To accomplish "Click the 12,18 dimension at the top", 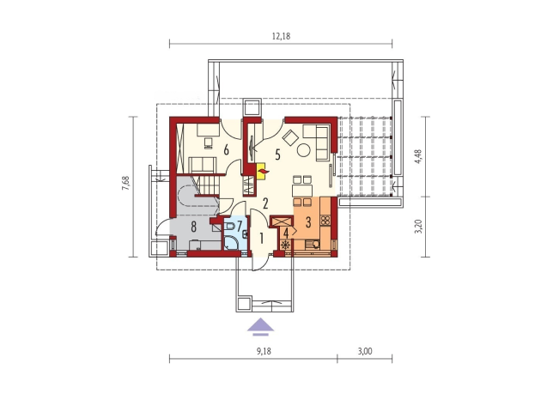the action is pos(282,36).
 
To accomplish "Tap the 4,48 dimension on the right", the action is pos(419,156).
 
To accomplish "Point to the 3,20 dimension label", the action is pos(419,227).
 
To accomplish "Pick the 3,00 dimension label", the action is pos(365,351).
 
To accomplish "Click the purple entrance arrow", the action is pos(261,325).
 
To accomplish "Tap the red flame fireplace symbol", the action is pos(263,172).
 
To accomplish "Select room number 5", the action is pos(277,155).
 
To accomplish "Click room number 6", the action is pos(226,150).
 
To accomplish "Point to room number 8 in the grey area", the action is pos(193,227).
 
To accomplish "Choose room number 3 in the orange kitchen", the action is pos(308,222).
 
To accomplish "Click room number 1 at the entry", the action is pos(261,239).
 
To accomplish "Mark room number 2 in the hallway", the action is pos(265,203).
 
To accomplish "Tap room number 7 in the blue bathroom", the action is pos(240,226).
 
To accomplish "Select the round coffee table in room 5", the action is pos(304,150).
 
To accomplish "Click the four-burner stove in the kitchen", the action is pos(325,221).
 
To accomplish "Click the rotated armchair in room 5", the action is pos(291,137).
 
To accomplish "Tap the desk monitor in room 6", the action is pos(208,142).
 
